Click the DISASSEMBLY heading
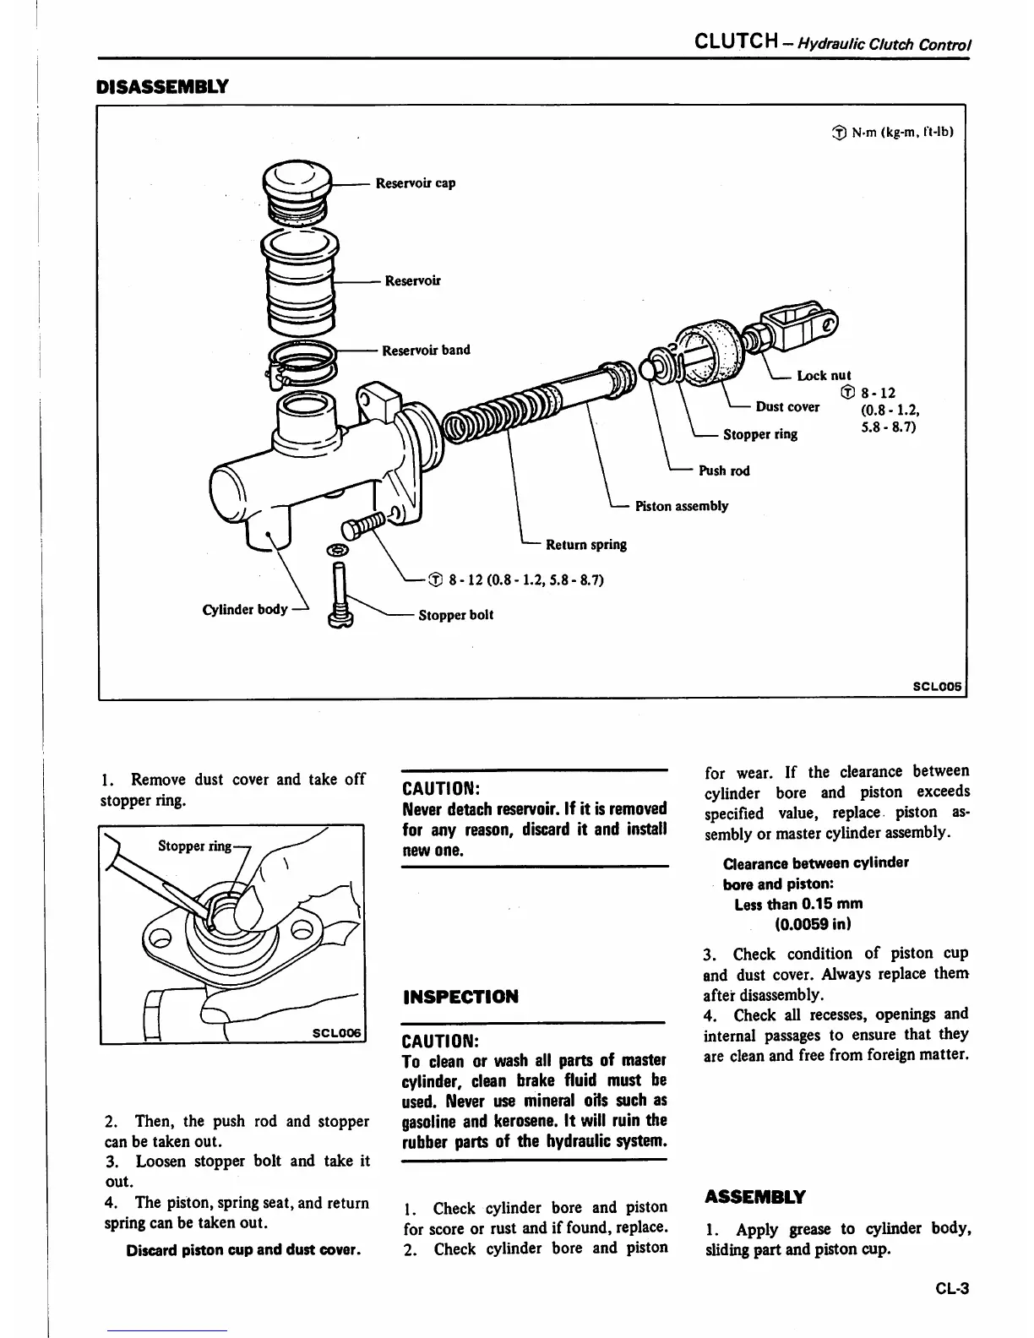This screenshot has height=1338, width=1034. pyautogui.click(x=162, y=86)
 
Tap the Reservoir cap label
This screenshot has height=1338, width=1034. pyautogui.click(x=415, y=183)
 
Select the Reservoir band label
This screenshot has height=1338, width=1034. pyautogui.click(x=426, y=350)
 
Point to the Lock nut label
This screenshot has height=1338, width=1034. pyautogui.click(x=824, y=375)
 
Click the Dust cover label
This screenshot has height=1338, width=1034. pyautogui.click(x=787, y=406)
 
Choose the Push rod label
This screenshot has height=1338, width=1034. pyautogui.click(x=724, y=470)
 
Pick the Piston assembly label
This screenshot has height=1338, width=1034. pyautogui.click(x=681, y=506)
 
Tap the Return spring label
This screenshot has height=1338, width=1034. pyautogui.click(x=586, y=544)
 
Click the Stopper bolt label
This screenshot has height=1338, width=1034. pyautogui.click(x=455, y=615)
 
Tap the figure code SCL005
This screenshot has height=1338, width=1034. pyautogui.click(x=938, y=686)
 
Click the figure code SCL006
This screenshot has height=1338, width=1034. pyautogui.click(x=336, y=1033)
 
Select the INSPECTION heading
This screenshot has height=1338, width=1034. pyautogui.click(x=460, y=997)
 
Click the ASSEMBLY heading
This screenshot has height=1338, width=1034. pyautogui.click(x=754, y=1196)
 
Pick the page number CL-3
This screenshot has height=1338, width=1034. pyautogui.click(x=951, y=1289)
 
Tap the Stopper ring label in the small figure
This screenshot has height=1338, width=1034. pyautogui.click(x=193, y=846)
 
